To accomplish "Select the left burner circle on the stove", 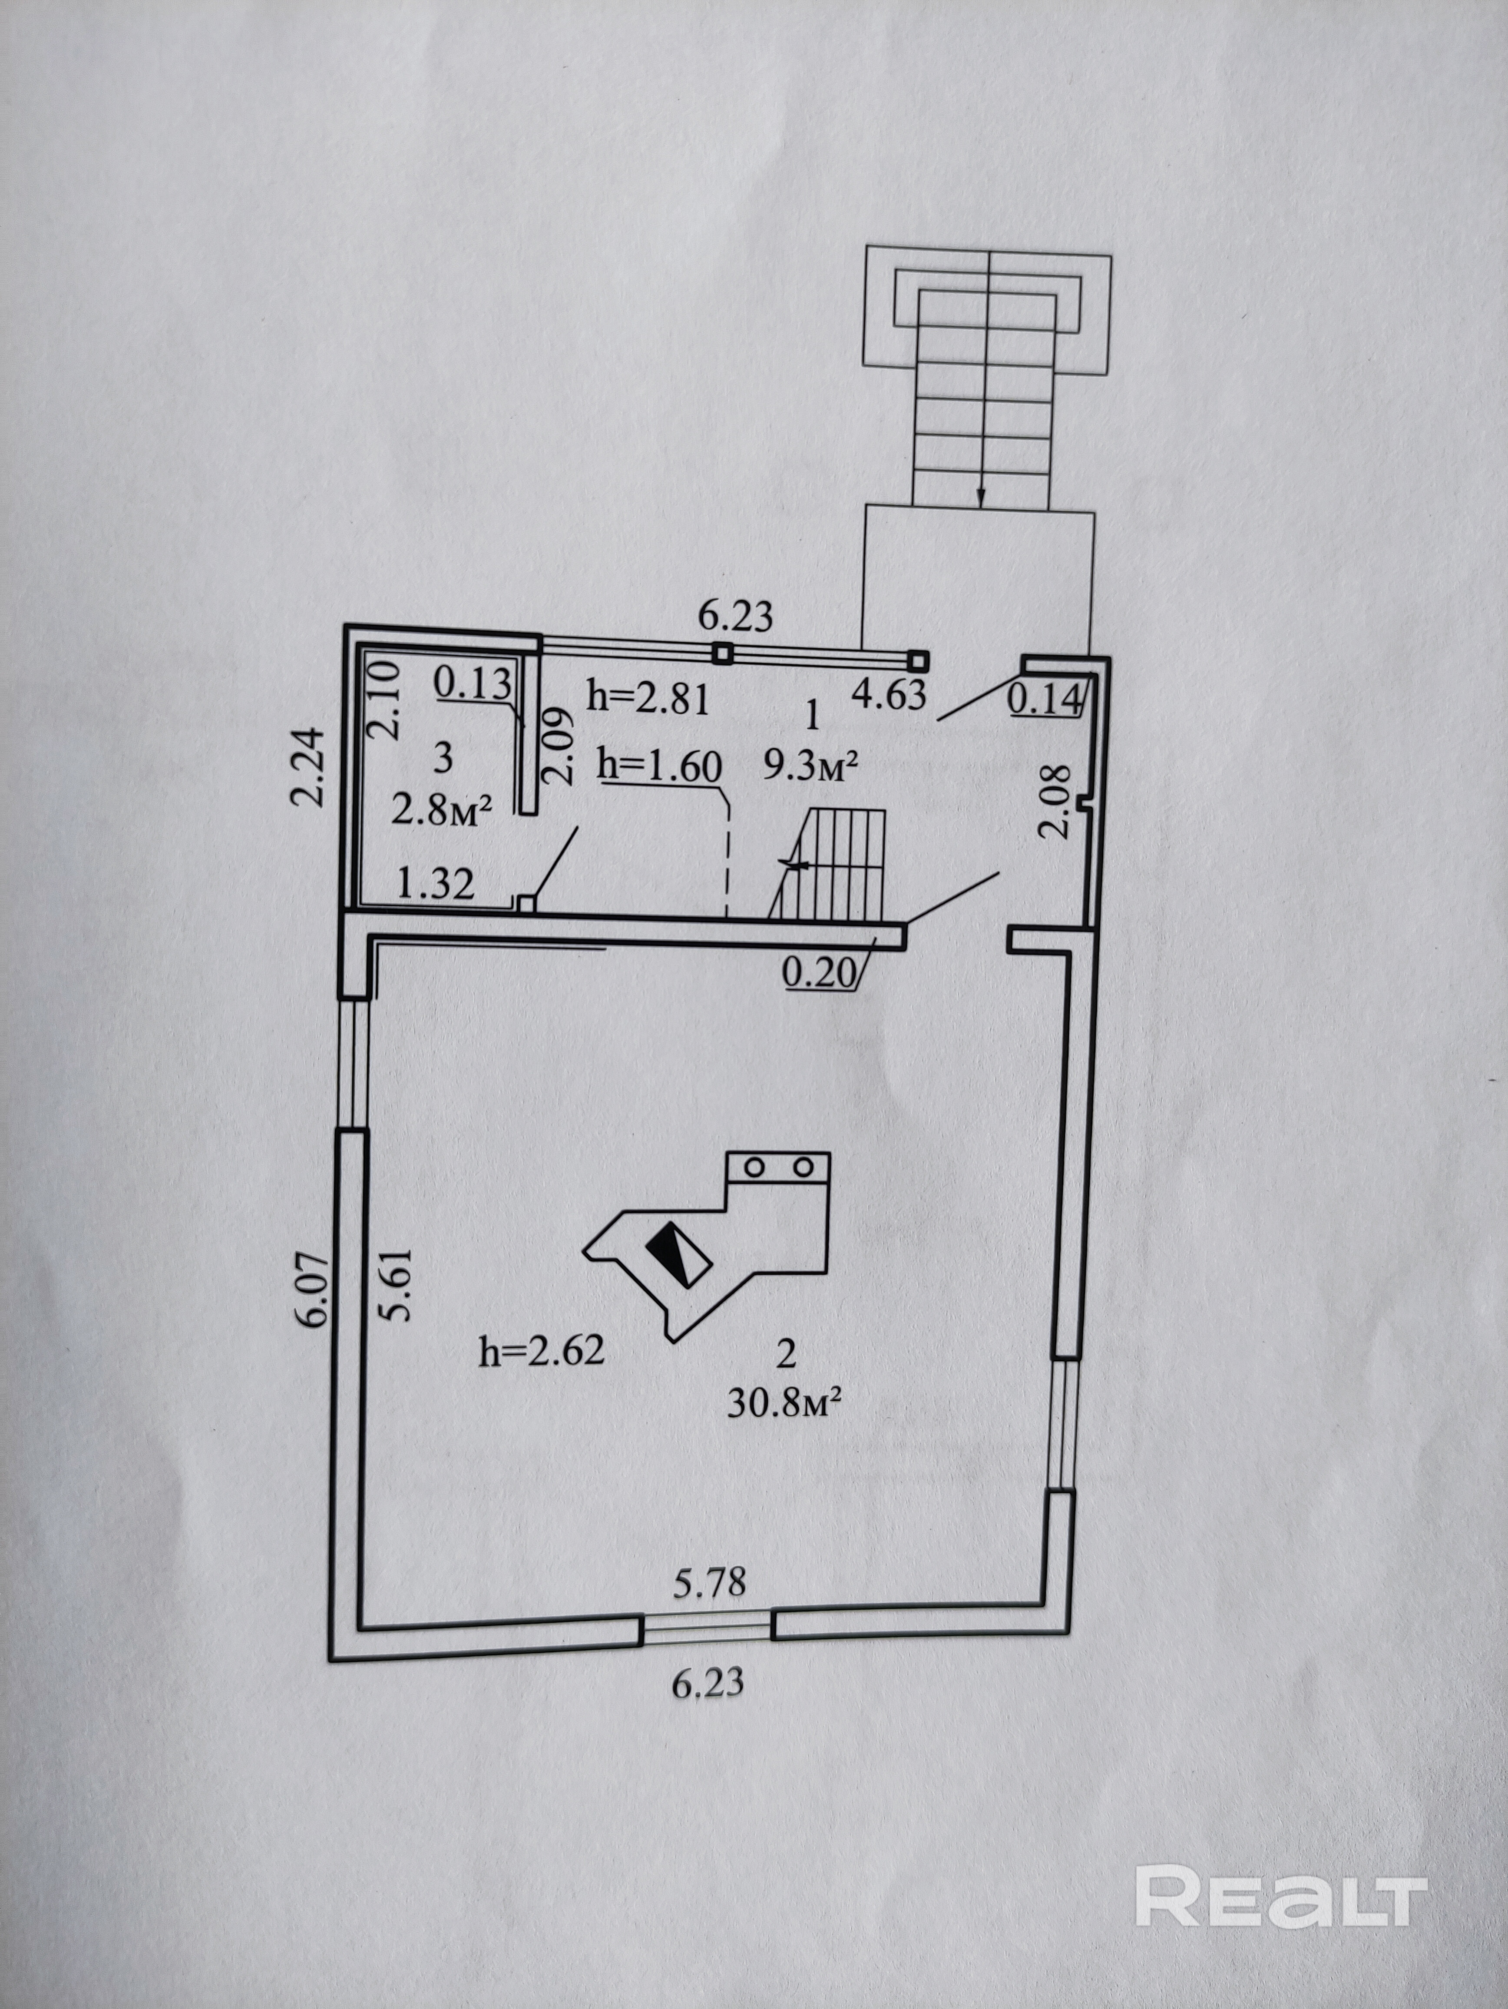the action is (x=754, y=1166).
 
